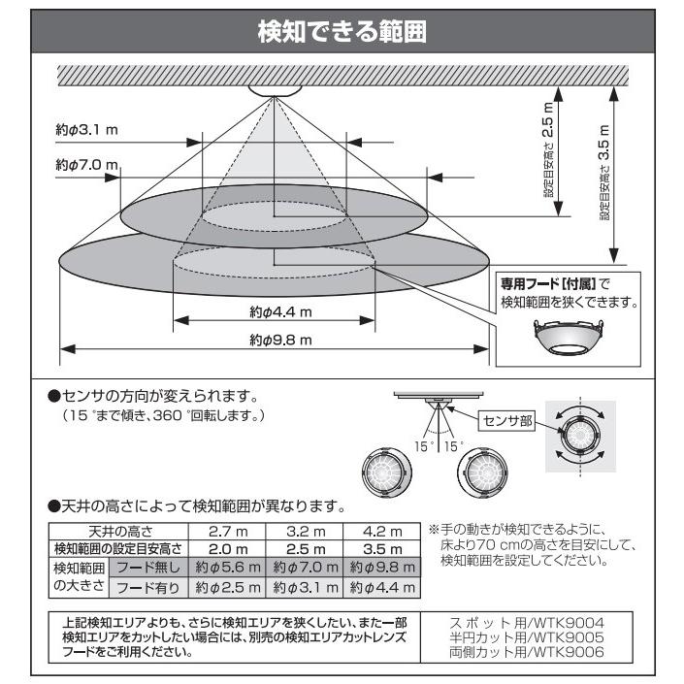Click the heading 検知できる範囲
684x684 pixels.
click(342, 31)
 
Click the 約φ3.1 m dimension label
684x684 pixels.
click(85, 128)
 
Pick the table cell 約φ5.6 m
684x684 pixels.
click(229, 567)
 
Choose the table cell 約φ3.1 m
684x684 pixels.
click(305, 588)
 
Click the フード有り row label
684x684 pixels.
click(148, 588)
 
